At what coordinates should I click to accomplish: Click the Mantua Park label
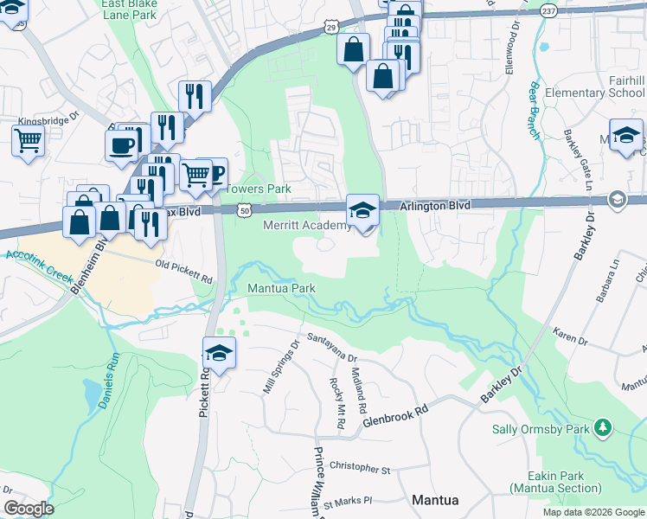(x=281, y=288)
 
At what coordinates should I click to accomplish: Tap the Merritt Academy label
(x=306, y=226)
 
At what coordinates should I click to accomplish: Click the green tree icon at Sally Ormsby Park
(x=602, y=428)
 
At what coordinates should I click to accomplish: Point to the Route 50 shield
(x=246, y=210)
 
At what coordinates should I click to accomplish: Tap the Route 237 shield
(x=548, y=10)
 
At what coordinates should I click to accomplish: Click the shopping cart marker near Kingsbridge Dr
(x=29, y=141)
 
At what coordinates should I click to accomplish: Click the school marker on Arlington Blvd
(x=363, y=210)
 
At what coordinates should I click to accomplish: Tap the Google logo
(x=29, y=509)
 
